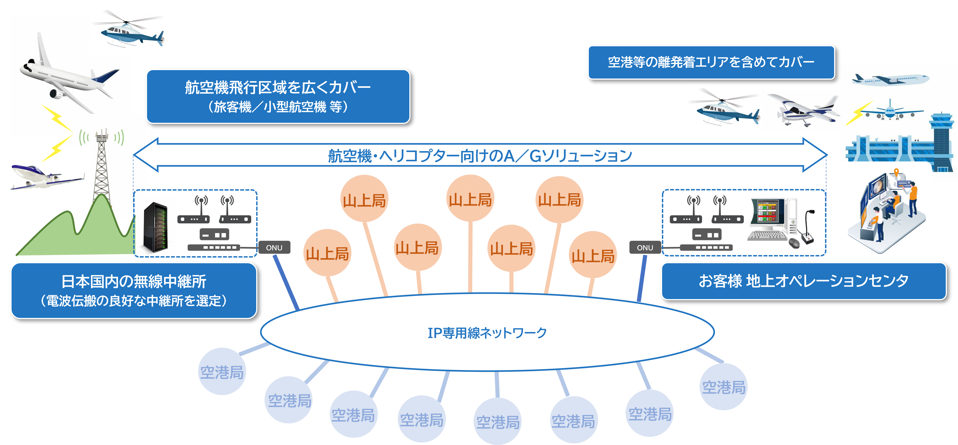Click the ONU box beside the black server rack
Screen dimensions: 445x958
point(274,247)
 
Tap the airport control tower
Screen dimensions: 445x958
point(943,141)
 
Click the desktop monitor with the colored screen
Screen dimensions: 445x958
point(768,212)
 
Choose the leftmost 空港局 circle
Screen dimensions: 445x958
point(222,371)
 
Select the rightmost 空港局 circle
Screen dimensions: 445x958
point(723,387)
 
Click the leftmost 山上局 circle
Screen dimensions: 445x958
point(327,253)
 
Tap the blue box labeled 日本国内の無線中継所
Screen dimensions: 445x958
point(134,290)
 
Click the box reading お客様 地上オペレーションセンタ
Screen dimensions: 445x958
point(803,281)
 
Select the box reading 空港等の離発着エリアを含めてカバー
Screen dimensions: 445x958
point(711,62)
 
